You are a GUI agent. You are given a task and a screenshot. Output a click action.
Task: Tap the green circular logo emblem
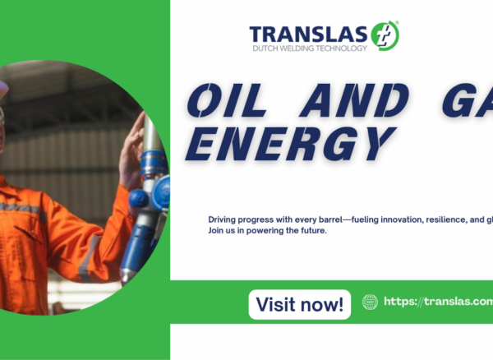[x=385, y=35]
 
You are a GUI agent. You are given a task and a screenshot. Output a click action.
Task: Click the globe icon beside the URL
[x=370, y=302]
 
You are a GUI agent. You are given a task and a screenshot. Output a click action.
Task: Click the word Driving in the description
[x=223, y=219]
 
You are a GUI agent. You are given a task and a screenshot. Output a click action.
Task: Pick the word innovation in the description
[x=406, y=219]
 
